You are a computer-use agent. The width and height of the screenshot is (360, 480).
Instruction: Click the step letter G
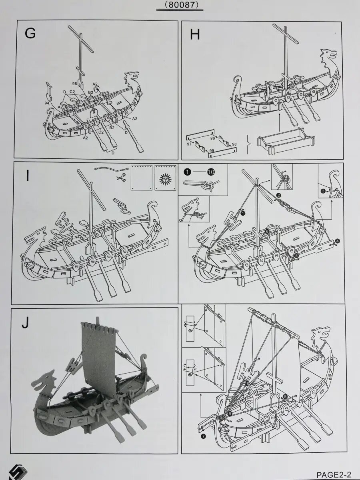pyautogui.click(x=30, y=33)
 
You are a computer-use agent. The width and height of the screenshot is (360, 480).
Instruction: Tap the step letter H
pyautogui.click(x=195, y=35)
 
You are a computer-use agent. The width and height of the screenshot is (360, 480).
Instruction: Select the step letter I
pyautogui.click(x=27, y=176)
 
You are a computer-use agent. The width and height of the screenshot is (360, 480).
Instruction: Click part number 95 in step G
pyautogui.click(x=75, y=84)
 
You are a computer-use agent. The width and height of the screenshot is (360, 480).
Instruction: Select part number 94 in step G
pyautogui.click(x=48, y=103)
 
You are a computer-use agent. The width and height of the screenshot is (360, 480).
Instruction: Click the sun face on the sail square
pyautogui.click(x=165, y=177)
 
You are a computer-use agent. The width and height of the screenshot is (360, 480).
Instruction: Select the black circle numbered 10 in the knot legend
pyautogui.click(x=211, y=172)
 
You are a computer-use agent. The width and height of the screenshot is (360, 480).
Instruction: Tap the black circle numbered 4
pyautogui.click(x=338, y=241)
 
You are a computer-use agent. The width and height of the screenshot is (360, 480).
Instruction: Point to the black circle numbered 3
pyautogui.click(x=322, y=191)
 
